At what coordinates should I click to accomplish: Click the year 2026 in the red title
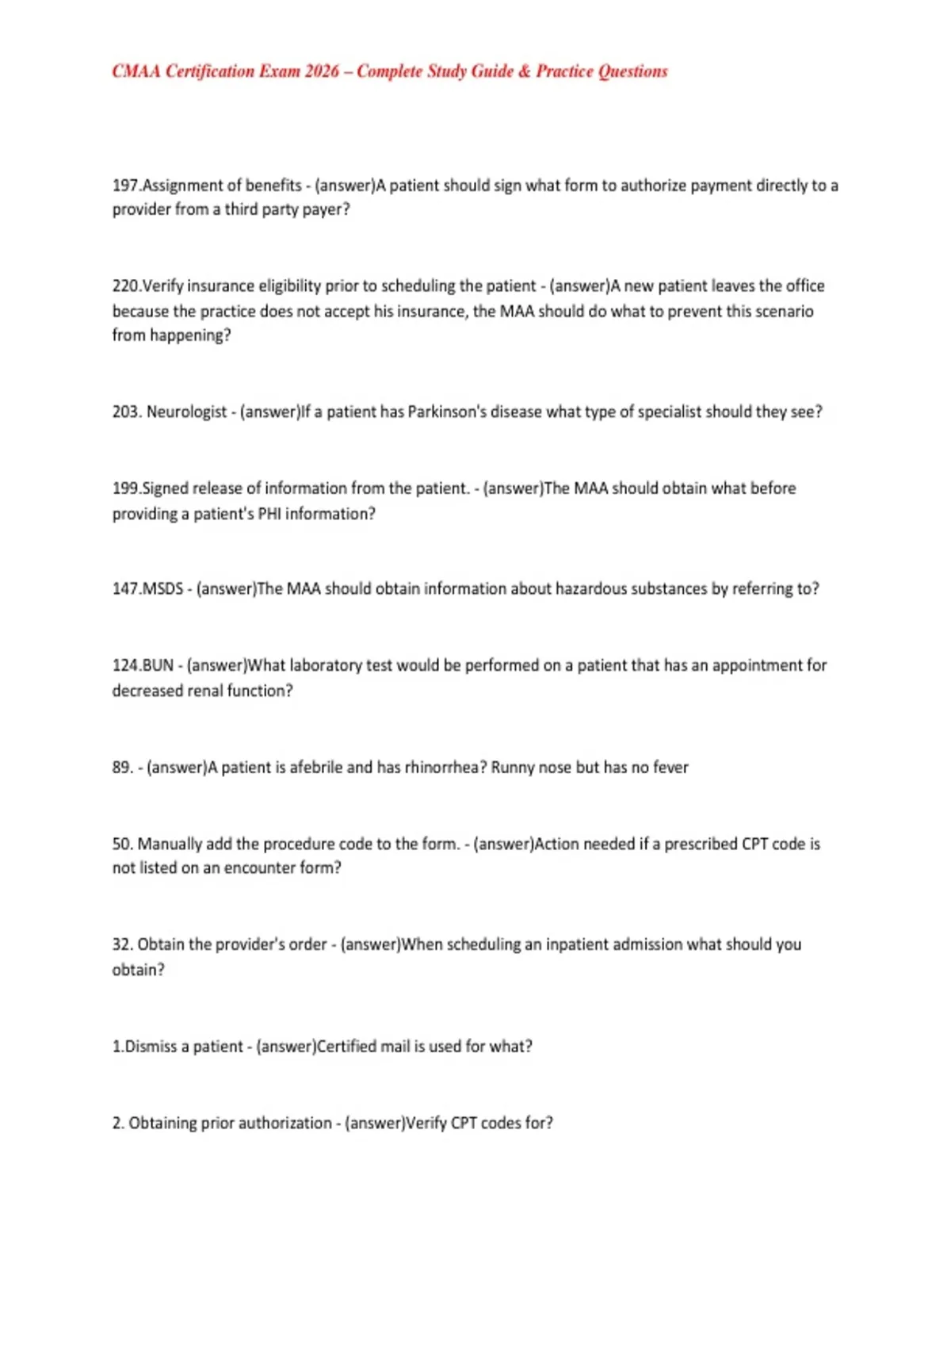pos(322,71)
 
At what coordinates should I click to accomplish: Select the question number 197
pos(125,186)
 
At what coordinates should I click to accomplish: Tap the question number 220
pos(126,286)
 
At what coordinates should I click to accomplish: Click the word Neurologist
pos(187,412)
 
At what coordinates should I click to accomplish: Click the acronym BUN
pos(158,665)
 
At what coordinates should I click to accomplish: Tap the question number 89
pos(122,768)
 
